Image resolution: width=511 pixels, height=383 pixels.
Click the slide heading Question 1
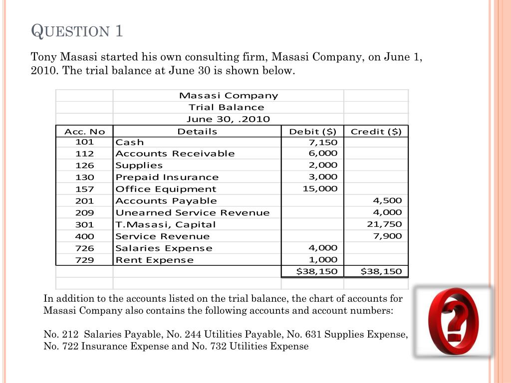(77, 31)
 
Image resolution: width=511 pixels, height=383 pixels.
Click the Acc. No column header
(85, 131)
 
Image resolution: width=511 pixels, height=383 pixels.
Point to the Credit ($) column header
(376, 131)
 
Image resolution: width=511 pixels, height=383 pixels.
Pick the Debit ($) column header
(313, 131)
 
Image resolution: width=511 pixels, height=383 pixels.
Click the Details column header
(197, 131)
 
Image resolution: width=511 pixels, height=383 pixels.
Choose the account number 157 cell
(84, 189)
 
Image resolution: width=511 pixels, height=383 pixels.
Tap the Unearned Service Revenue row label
(193, 212)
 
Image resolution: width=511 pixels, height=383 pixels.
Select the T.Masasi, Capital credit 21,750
(384, 224)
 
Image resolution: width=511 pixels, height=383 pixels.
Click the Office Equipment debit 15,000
(320, 189)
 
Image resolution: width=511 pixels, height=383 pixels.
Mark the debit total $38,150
(316, 271)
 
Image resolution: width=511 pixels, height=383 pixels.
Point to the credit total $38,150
(381, 271)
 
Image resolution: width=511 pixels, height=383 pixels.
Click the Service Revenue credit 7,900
(387, 236)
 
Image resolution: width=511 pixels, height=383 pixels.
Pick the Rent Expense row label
(155, 260)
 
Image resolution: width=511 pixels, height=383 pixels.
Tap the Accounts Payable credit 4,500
(387, 200)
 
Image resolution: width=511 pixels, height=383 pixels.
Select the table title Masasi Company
(229, 95)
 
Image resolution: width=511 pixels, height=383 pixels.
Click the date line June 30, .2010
(228, 119)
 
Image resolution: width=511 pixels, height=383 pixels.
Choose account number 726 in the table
(84, 248)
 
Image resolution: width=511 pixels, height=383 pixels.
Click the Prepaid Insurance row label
(167, 177)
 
